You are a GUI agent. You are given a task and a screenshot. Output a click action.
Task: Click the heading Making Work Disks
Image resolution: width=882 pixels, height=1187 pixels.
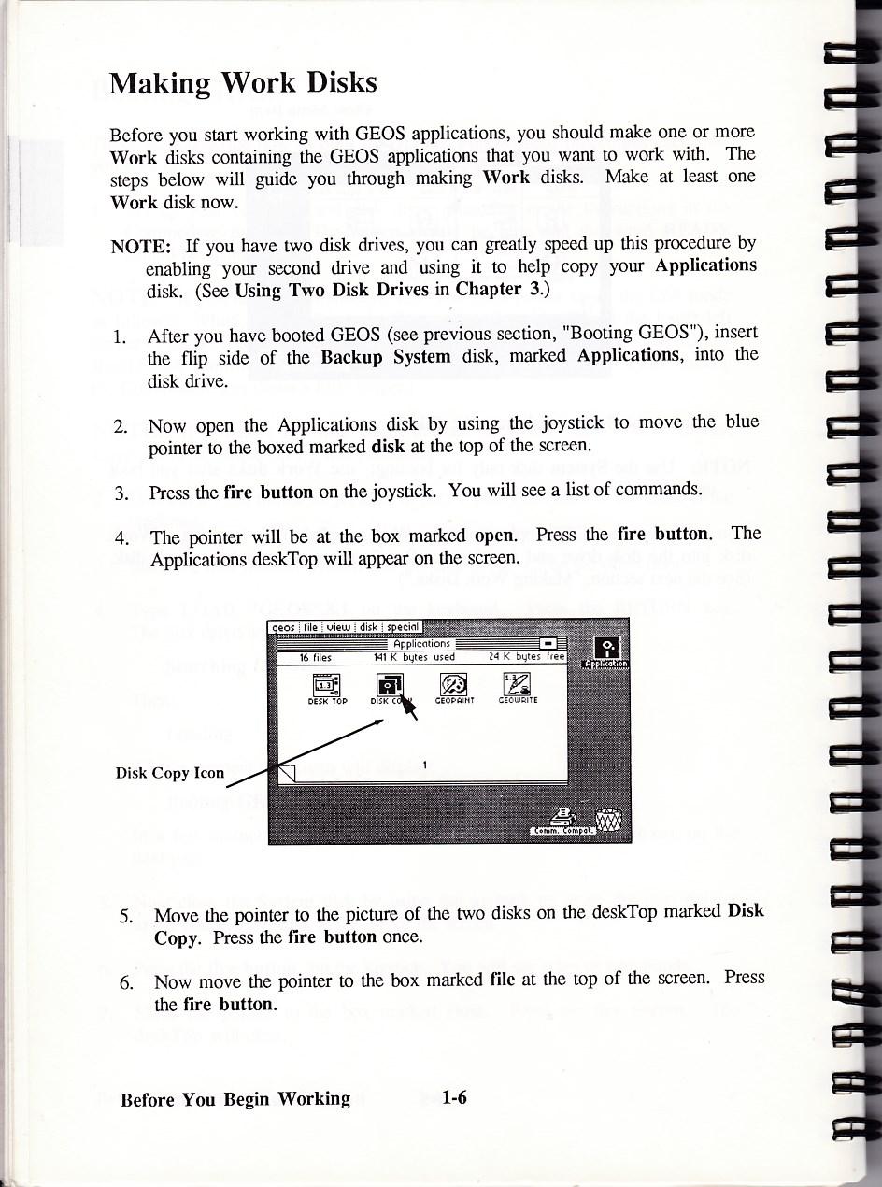click(243, 83)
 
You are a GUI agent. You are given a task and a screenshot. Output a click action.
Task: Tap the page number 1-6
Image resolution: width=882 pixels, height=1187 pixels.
click(455, 1098)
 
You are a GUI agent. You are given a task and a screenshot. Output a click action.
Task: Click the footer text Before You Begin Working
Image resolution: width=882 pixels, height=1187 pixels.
click(235, 1099)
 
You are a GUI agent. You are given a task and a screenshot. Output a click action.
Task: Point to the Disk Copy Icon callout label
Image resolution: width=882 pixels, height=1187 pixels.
click(170, 773)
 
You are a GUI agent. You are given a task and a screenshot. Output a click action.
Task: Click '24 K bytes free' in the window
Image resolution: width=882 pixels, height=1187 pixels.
click(527, 657)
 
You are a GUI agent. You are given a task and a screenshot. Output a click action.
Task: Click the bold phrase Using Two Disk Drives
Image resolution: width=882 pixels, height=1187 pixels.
click(333, 290)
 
